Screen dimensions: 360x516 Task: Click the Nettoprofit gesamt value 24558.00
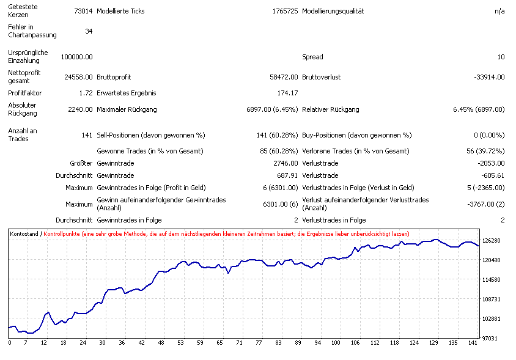tap(78, 77)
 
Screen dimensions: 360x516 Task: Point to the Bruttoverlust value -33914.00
tap(489, 77)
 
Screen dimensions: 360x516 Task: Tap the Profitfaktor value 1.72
tap(86, 93)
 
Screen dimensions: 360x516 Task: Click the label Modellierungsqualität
tap(333, 11)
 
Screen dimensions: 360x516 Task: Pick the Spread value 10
tap(501, 57)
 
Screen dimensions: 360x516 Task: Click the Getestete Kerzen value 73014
tap(83, 11)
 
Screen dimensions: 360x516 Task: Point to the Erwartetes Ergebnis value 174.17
tap(287, 93)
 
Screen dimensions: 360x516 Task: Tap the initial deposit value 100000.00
tap(76, 57)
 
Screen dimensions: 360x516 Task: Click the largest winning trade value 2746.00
tap(286, 163)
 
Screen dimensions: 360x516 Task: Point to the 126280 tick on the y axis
tap(492, 241)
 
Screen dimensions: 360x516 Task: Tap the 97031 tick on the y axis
tap(492, 338)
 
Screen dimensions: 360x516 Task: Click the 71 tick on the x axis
tap(239, 343)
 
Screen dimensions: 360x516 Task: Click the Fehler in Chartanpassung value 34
tap(89, 31)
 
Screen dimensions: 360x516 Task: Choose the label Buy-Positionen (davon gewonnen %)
tap(357, 135)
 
